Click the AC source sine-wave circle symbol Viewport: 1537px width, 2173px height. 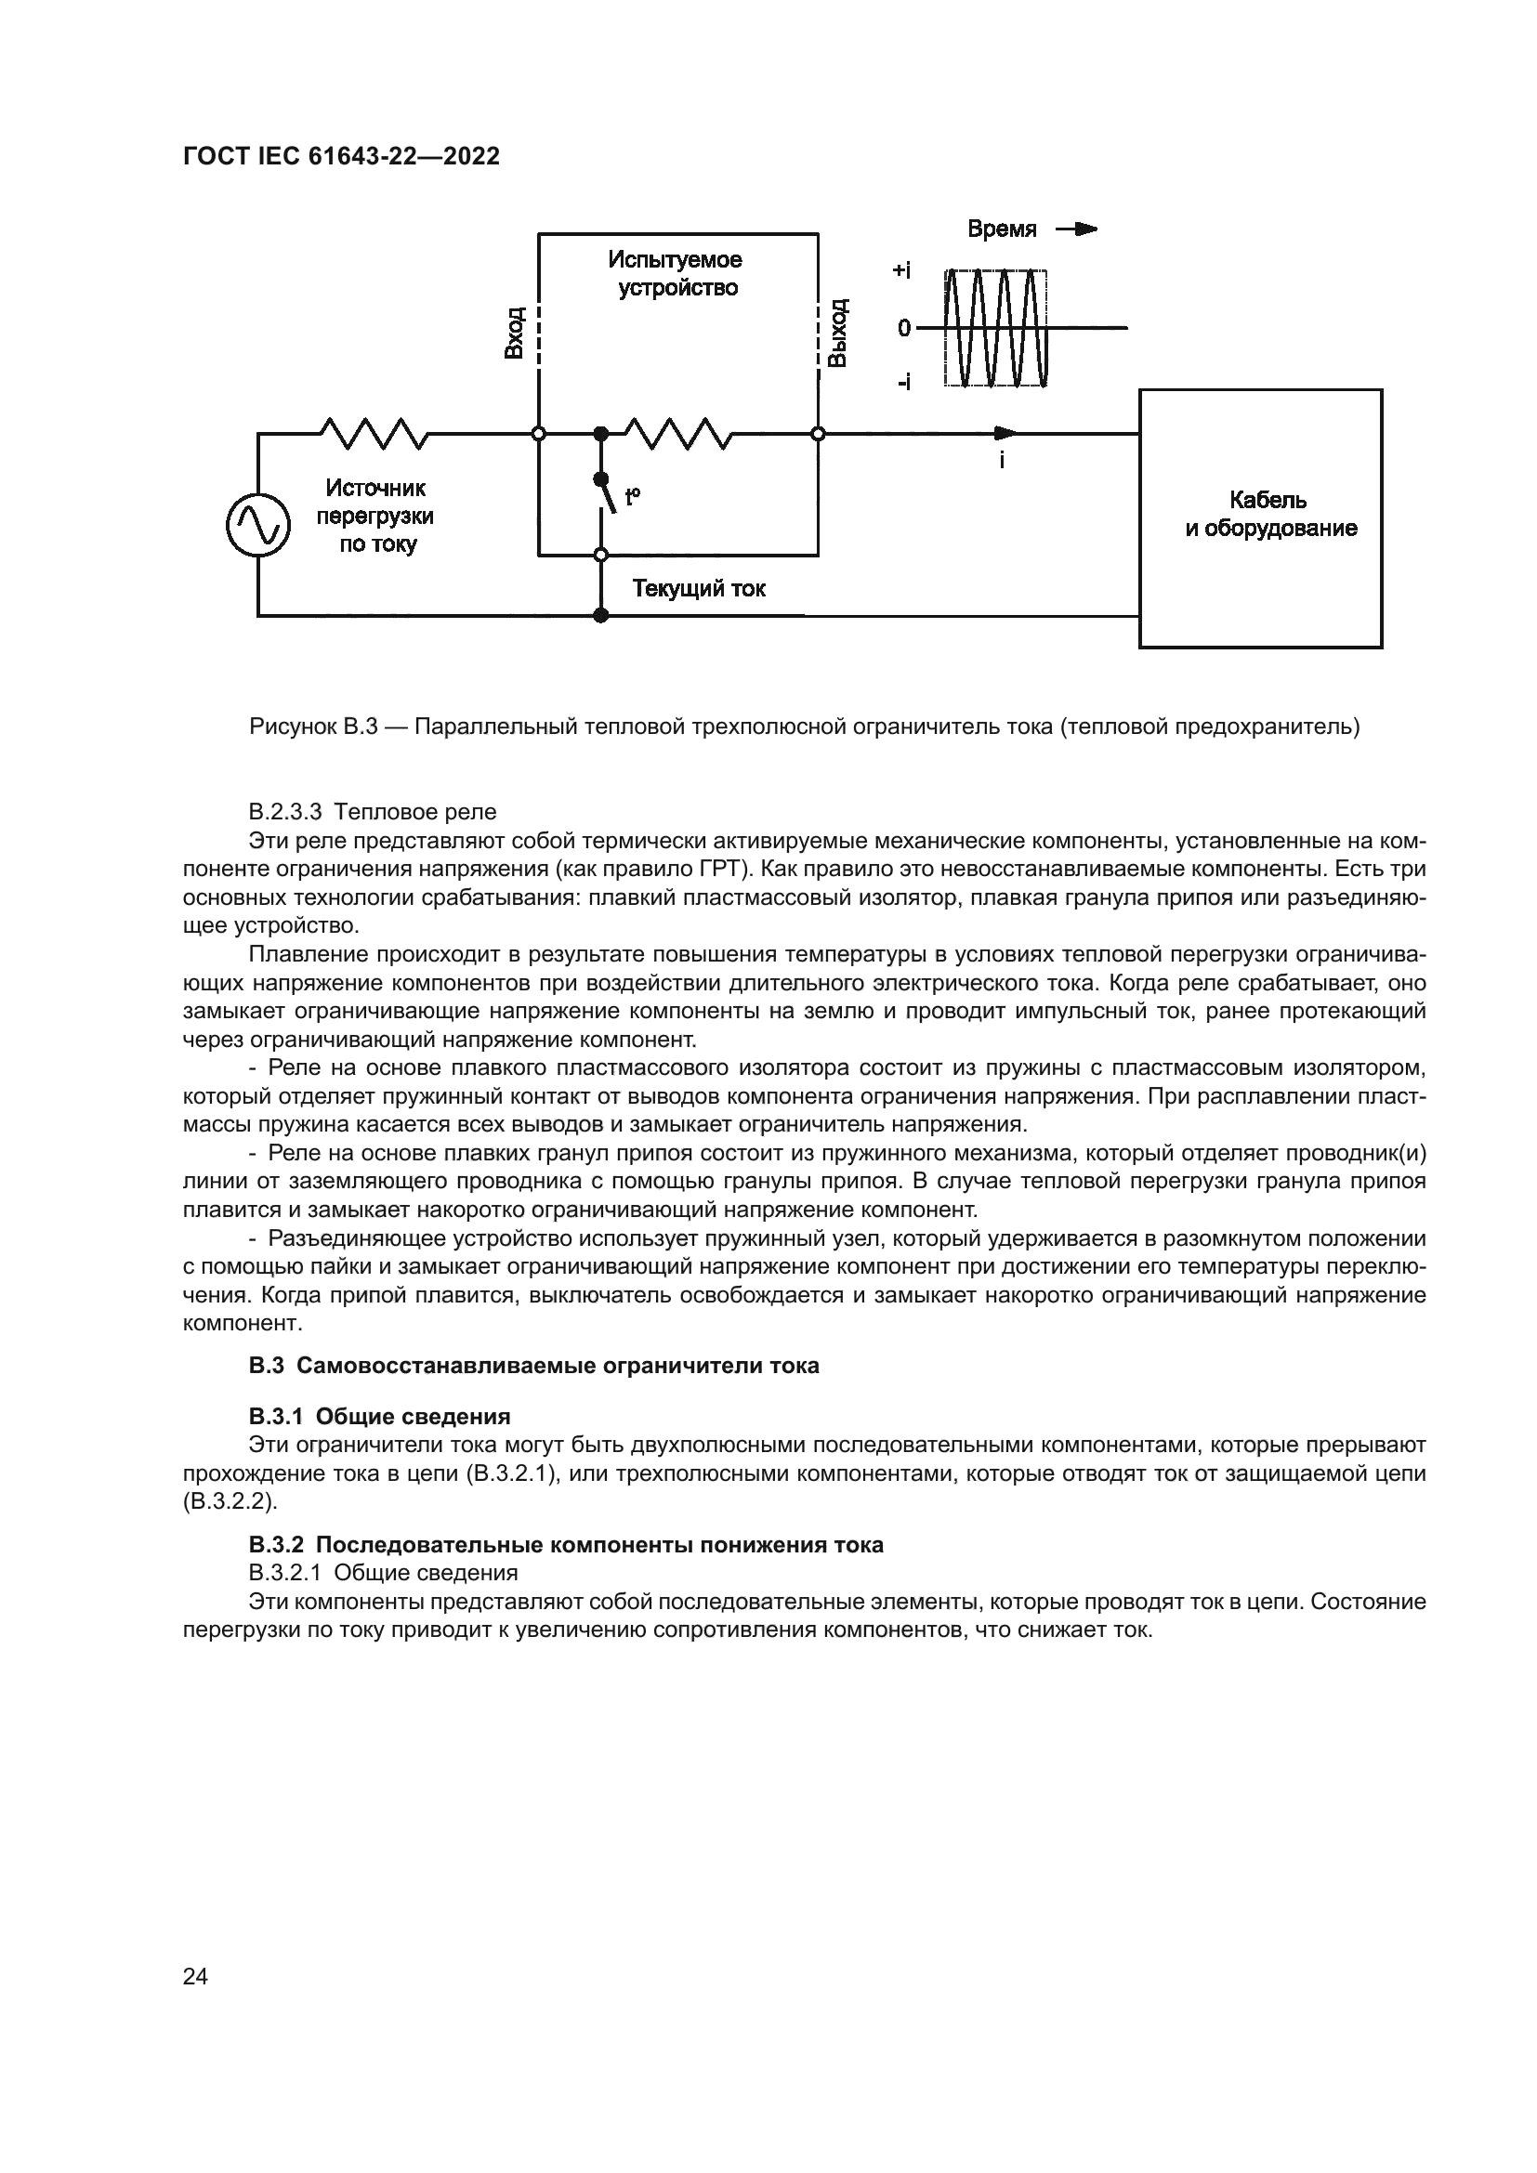257,525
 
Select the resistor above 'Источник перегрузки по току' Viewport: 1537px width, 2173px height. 374,434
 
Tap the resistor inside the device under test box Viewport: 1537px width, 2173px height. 677,434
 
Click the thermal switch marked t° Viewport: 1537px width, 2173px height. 607,494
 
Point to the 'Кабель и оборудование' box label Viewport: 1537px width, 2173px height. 1269,514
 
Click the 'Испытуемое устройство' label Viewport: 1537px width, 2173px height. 676,273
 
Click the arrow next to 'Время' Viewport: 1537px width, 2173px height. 1077,229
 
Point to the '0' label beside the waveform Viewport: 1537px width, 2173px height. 904,327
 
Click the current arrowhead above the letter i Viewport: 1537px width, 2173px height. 1005,434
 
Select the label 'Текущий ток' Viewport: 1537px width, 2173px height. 699,589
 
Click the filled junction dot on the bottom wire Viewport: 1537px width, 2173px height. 600,616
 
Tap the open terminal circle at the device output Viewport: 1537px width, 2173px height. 819,434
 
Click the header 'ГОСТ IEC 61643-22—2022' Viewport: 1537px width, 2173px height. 341,156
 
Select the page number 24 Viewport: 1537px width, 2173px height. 195,1976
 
